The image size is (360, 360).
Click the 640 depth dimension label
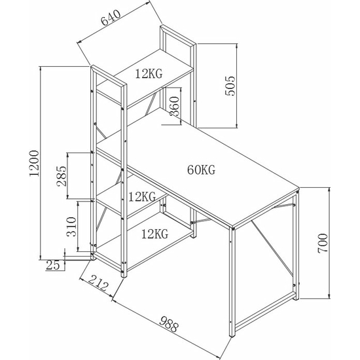pyautogui.click(x=111, y=18)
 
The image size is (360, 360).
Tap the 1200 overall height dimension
pyautogui.click(x=34, y=163)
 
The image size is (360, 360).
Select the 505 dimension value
pyautogui.click(x=230, y=86)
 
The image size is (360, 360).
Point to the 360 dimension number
pyautogui.click(x=174, y=106)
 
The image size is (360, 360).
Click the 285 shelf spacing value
pyautogui.click(x=62, y=176)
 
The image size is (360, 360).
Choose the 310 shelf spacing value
pyautogui.click(x=71, y=226)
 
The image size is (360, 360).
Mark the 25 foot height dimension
pyautogui.click(x=53, y=265)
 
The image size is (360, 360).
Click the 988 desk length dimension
pyautogui.click(x=169, y=324)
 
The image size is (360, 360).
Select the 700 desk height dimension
pyautogui.click(x=322, y=243)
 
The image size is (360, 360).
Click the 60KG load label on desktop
pyautogui.click(x=202, y=170)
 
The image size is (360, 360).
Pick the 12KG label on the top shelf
pyautogui.click(x=149, y=74)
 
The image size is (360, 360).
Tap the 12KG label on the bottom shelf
pyautogui.click(x=154, y=234)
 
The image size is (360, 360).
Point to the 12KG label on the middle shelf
pyautogui.click(x=142, y=197)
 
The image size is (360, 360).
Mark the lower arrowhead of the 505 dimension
pyautogui.click(x=237, y=124)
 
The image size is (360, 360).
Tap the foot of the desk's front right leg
pyautogui.click(x=232, y=335)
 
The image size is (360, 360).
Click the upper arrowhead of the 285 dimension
pyautogui.click(x=67, y=156)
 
